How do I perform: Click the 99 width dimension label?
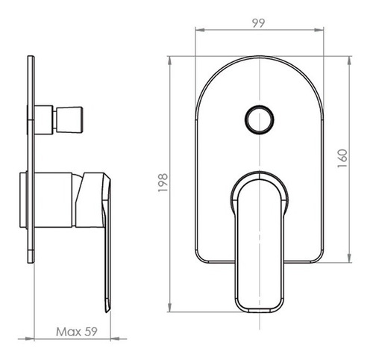(x=259, y=23)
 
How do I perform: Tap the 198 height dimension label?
(x=163, y=183)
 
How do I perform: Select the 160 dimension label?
(x=342, y=158)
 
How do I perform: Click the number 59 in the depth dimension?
(x=91, y=332)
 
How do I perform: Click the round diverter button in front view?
(x=260, y=120)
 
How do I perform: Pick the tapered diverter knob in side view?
(x=69, y=120)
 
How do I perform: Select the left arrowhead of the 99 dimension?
(x=200, y=30)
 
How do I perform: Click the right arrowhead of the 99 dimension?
(x=319, y=30)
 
